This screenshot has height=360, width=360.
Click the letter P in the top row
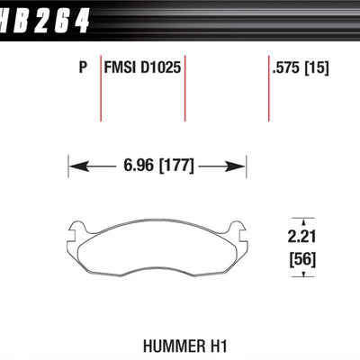tap(82, 66)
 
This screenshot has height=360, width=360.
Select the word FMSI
tap(121, 66)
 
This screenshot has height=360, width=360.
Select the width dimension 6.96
tap(141, 166)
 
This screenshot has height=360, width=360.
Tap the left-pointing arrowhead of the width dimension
tap(77, 166)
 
